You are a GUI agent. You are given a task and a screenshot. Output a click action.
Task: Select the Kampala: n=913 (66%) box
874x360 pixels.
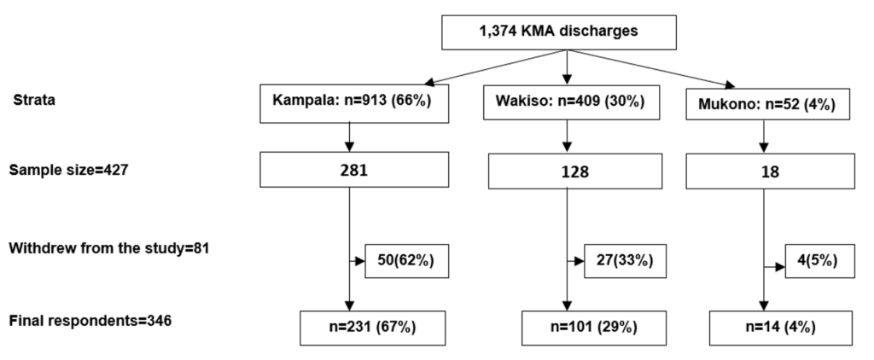tap(349, 101)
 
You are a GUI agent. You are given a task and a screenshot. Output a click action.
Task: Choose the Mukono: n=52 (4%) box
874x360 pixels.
tap(763, 106)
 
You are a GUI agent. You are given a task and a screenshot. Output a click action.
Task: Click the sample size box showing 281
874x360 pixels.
tap(349, 171)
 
